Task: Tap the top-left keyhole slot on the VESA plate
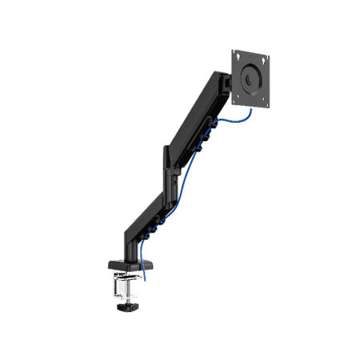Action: [x=237, y=55]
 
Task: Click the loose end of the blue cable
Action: [x=146, y=278]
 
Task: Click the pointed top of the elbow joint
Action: [x=165, y=146]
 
